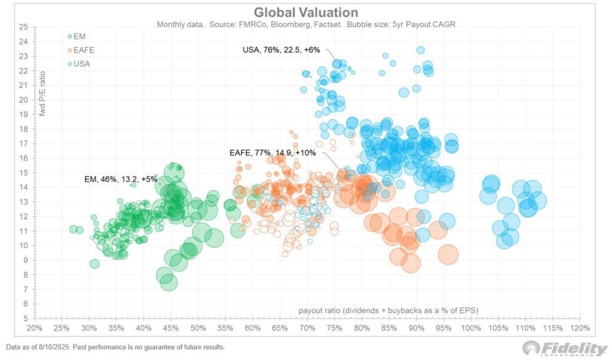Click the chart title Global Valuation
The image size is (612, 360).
(x=305, y=12)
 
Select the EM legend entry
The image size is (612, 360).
(x=76, y=36)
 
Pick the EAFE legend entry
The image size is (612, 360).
(x=81, y=50)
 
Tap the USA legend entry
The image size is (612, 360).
(x=78, y=63)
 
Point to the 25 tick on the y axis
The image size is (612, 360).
(x=23, y=27)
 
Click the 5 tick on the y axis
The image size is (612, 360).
(x=26, y=319)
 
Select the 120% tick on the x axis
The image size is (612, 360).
(x=580, y=328)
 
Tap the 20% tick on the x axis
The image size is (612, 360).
(x=34, y=328)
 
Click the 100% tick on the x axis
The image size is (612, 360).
(x=471, y=328)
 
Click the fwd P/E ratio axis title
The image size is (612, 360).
(x=42, y=93)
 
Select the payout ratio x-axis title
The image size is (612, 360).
(x=388, y=310)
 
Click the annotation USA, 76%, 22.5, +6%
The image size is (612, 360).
(x=281, y=50)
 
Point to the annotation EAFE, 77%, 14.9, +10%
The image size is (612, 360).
(x=273, y=152)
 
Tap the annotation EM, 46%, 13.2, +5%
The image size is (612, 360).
(x=121, y=179)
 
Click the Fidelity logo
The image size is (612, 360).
(x=565, y=348)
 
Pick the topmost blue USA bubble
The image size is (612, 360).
(x=420, y=50)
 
